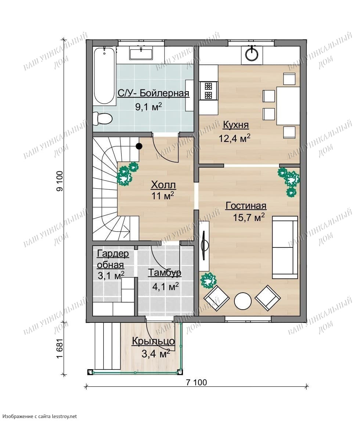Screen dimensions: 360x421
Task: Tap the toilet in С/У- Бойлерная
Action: tap(102, 118)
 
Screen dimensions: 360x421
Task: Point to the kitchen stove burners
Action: tap(208, 90)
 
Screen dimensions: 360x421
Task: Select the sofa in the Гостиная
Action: tap(285, 247)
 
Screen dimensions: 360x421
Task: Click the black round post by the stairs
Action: tap(139, 146)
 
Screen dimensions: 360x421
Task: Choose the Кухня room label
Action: tap(236, 125)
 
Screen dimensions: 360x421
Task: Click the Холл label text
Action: tap(163, 185)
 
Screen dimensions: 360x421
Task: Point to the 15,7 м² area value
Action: tap(249, 217)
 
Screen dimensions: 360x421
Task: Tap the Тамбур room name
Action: tap(165, 273)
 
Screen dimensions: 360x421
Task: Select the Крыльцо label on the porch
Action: tap(154, 342)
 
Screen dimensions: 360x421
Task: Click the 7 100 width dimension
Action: tap(197, 382)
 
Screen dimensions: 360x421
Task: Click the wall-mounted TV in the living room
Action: tap(204, 246)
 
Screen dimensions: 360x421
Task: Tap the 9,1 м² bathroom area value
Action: tap(148, 107)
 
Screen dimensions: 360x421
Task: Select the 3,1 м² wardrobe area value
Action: tap(111, 275)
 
